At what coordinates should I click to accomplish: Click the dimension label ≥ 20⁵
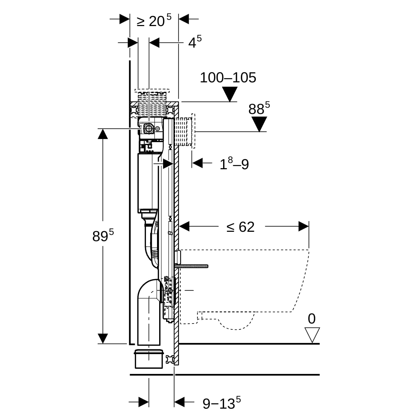(154, 21)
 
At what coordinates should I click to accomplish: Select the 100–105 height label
(228, 77)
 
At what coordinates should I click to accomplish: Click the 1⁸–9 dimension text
(234, 164)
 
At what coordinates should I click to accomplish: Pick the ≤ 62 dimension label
(241, 227)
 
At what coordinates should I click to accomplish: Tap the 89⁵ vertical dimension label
(103, 236)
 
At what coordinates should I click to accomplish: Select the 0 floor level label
(312, 319)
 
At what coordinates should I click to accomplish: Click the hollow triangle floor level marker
(312, 335)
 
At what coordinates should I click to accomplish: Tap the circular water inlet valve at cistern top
(149, 129)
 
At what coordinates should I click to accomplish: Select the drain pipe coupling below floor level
(148, 358)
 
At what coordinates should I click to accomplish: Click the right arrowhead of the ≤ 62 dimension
(303, 227)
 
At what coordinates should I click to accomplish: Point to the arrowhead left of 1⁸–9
(197, 163)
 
